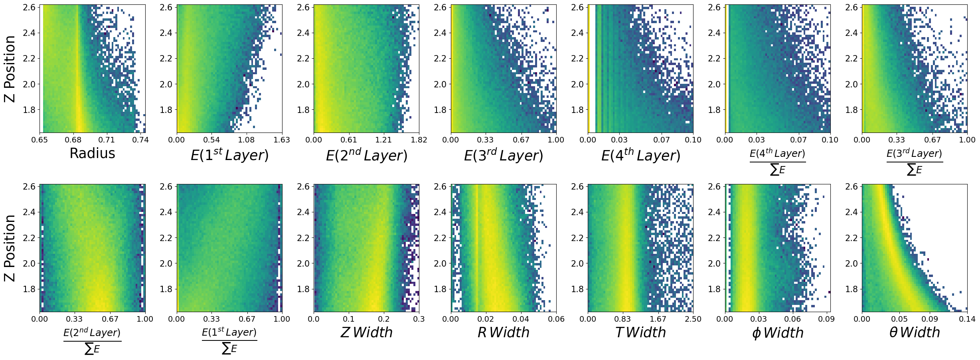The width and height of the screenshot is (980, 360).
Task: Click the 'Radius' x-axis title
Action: [92, 153]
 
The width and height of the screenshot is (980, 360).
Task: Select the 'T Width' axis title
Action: [640, 332]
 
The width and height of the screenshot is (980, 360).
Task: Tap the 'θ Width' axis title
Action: [915, 332]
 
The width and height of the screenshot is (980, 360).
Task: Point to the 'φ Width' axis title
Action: [778, 333]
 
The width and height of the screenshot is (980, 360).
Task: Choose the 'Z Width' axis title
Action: [366, 332]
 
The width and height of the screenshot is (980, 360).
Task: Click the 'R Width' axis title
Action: [503, 332]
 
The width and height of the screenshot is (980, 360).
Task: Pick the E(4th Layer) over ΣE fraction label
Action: [777, 162]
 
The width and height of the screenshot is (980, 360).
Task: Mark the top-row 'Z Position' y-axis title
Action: [10, 69]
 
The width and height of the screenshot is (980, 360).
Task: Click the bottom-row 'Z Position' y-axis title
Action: [10, 248]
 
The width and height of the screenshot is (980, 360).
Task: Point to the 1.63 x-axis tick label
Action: [282, 140]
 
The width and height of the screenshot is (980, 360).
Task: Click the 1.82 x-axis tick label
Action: [419, 140]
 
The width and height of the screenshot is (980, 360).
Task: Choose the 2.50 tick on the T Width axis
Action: [693, 319]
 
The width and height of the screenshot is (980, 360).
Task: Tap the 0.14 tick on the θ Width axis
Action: [967, 319]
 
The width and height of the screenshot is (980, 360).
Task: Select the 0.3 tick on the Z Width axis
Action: [419, 319]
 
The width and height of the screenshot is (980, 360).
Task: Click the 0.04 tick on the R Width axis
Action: [521, 319]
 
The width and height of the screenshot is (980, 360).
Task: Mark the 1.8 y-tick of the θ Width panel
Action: [852, 289]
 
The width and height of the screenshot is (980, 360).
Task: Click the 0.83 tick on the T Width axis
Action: [622, 319]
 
